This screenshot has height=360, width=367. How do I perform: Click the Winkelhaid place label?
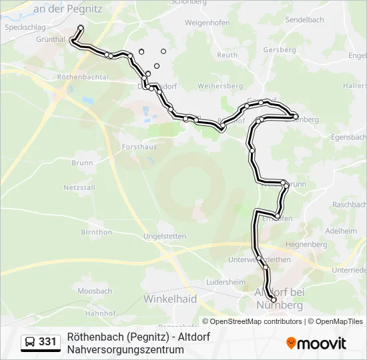(x=170, y=299)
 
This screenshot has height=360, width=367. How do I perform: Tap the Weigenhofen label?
(x=207, y=23)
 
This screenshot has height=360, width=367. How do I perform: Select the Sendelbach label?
(x=304, y=21)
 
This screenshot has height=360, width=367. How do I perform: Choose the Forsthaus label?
(x=139, y=146)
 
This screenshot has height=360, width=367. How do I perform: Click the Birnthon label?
(x=96, y=232)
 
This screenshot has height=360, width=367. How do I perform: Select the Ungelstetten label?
(x=164, y=236)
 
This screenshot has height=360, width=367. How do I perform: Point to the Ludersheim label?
(x=222, y=282)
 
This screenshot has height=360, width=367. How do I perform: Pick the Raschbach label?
(x=349, y=205)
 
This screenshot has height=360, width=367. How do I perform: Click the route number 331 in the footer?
(x=47, y=342)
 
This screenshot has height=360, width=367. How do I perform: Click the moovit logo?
(x=316, y=343)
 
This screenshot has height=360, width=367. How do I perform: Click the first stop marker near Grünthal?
(x=81, y=28)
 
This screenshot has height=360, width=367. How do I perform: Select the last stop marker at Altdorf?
(x=274, y=300)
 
